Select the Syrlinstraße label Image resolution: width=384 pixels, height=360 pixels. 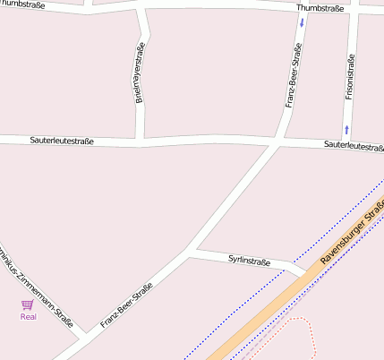249,261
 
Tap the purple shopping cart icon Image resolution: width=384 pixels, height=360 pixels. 28,304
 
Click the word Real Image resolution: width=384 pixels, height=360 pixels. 28,316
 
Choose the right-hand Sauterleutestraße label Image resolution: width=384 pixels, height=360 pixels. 354,145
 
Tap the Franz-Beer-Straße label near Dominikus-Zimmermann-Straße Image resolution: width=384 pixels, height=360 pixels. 126,305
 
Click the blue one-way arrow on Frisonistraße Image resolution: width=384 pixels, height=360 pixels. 346,130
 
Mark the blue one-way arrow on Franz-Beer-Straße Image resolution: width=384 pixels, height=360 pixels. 302,21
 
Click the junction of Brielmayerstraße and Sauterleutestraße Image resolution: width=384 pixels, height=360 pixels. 138,141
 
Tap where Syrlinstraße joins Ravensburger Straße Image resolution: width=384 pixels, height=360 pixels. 305,270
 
